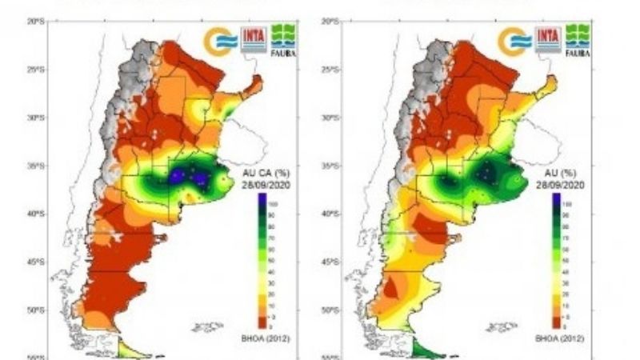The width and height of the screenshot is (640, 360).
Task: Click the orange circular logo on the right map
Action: coord(513,41)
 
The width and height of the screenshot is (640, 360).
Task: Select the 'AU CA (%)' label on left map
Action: coord(259,171)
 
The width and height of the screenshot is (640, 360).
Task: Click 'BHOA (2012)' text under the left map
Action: coord(270,338)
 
